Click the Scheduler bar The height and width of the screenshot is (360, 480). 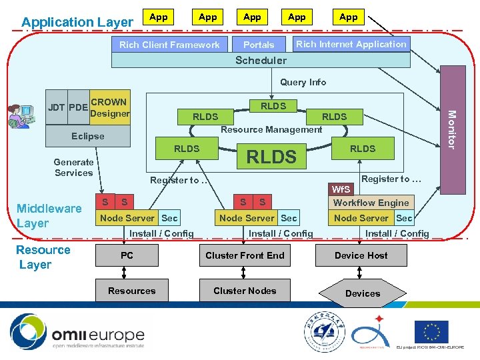[261, 60]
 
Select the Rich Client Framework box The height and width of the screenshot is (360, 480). [169, 45]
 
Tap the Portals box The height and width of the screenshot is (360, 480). [259, 45]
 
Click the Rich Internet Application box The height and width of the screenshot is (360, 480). [351, 44]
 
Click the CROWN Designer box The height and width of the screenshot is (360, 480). [109, 107]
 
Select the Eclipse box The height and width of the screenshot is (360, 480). [88, 136]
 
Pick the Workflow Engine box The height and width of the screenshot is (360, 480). [371, 203]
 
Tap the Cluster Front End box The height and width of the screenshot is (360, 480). [245, 255]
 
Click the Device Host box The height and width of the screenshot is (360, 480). [361, 255]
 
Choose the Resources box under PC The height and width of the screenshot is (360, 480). [132, 291]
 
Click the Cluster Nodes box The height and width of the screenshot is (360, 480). [245, 291]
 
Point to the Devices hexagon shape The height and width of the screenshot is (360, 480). [363, 293]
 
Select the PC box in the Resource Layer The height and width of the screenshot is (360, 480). [127, 255]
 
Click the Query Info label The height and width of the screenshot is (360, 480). [303, 82]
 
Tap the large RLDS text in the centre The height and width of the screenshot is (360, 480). [271, 157]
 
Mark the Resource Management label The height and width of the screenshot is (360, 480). [271, 129]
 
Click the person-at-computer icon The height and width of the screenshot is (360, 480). [20, 116]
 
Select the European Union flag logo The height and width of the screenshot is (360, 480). [431, 331]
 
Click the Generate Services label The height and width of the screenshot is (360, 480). [73, 167]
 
